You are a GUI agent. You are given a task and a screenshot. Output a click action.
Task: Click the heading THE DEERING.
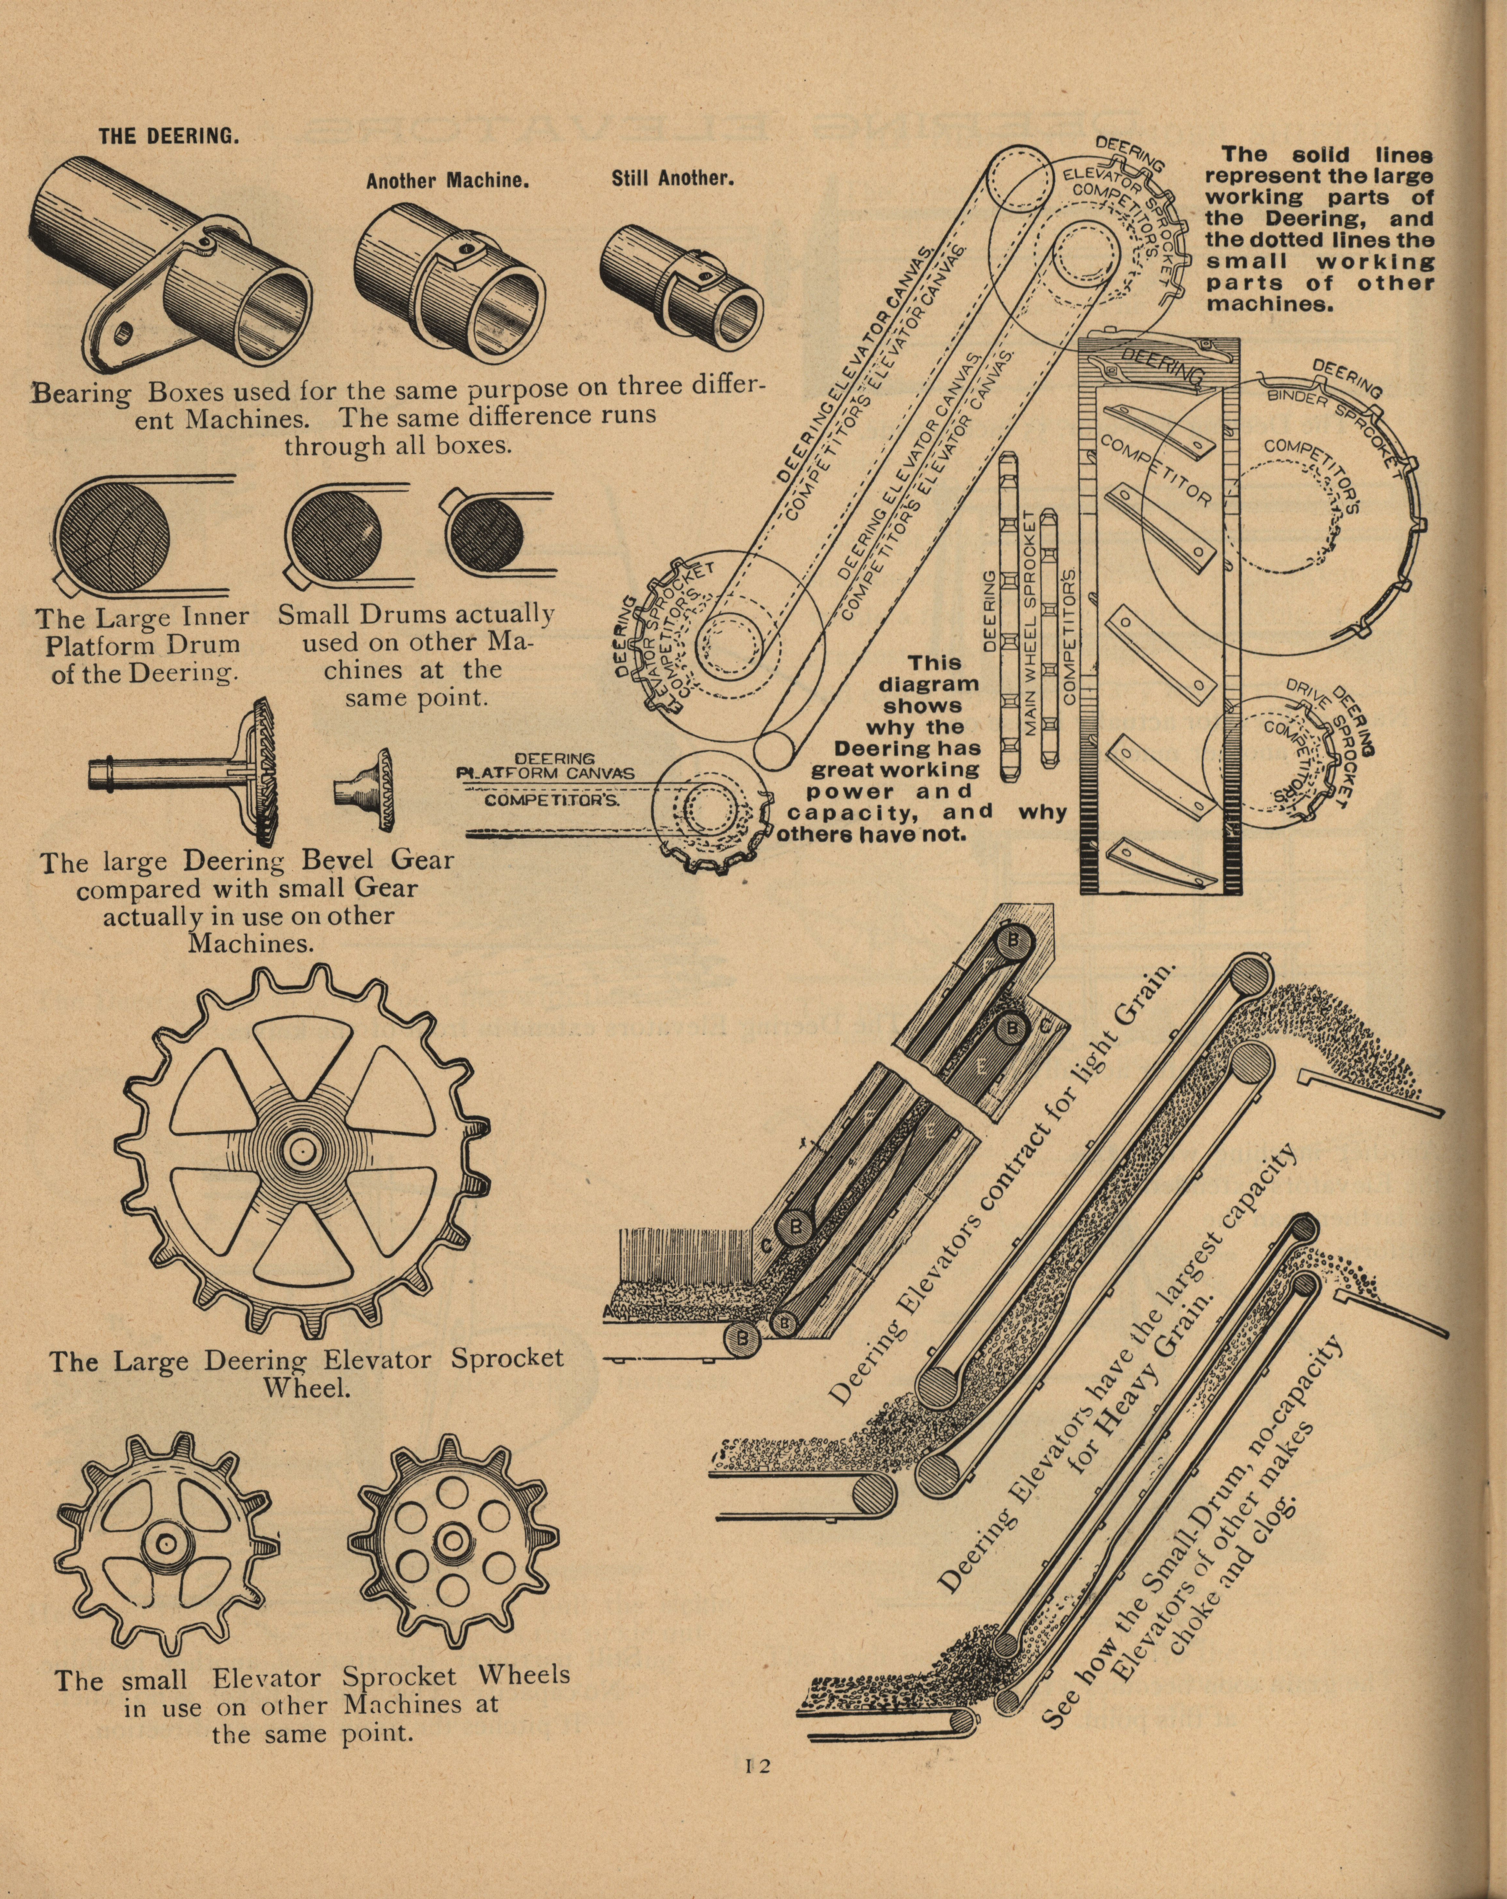168,137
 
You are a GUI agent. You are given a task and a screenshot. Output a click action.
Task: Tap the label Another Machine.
447,182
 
